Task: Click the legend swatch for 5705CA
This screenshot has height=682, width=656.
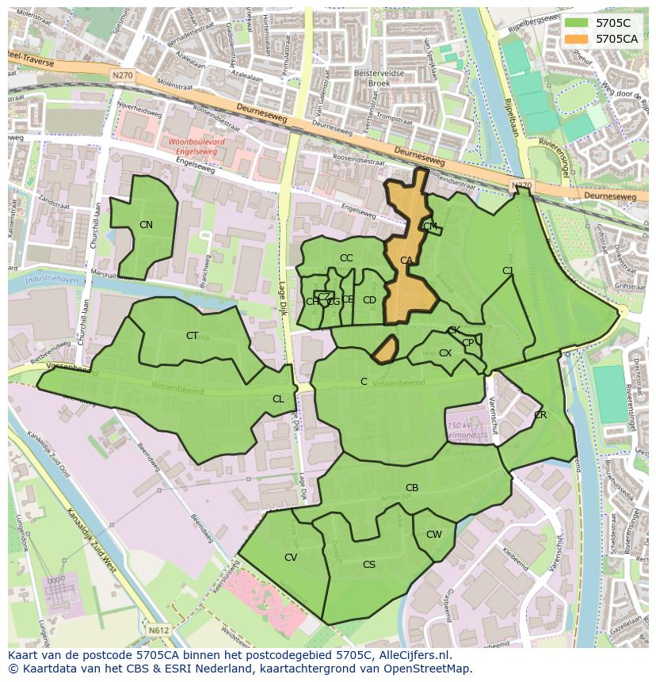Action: coord(577,38)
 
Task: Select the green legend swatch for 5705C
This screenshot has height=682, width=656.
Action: coord(577,23)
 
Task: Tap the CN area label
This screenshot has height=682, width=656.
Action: coord(146,225)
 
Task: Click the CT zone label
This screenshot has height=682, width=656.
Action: coord(192,336)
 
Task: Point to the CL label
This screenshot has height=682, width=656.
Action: coord(278,399)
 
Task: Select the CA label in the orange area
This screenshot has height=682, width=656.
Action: coord(406,260)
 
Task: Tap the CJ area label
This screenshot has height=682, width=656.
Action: coord(508,271)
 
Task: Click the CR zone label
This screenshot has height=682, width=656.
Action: coord(540,415)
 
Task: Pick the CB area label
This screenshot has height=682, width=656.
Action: coord(412,488)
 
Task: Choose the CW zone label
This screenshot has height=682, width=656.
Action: coord(434,535)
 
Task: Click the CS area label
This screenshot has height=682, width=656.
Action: coord(369,565)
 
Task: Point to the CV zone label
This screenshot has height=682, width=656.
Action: coord(291,558)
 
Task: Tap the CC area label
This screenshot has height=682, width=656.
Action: coord(346,258)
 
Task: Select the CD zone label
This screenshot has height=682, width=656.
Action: coord(369,300)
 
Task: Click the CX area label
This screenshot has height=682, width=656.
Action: coord(445,353)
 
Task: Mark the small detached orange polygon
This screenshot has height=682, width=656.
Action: coord(384,350)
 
